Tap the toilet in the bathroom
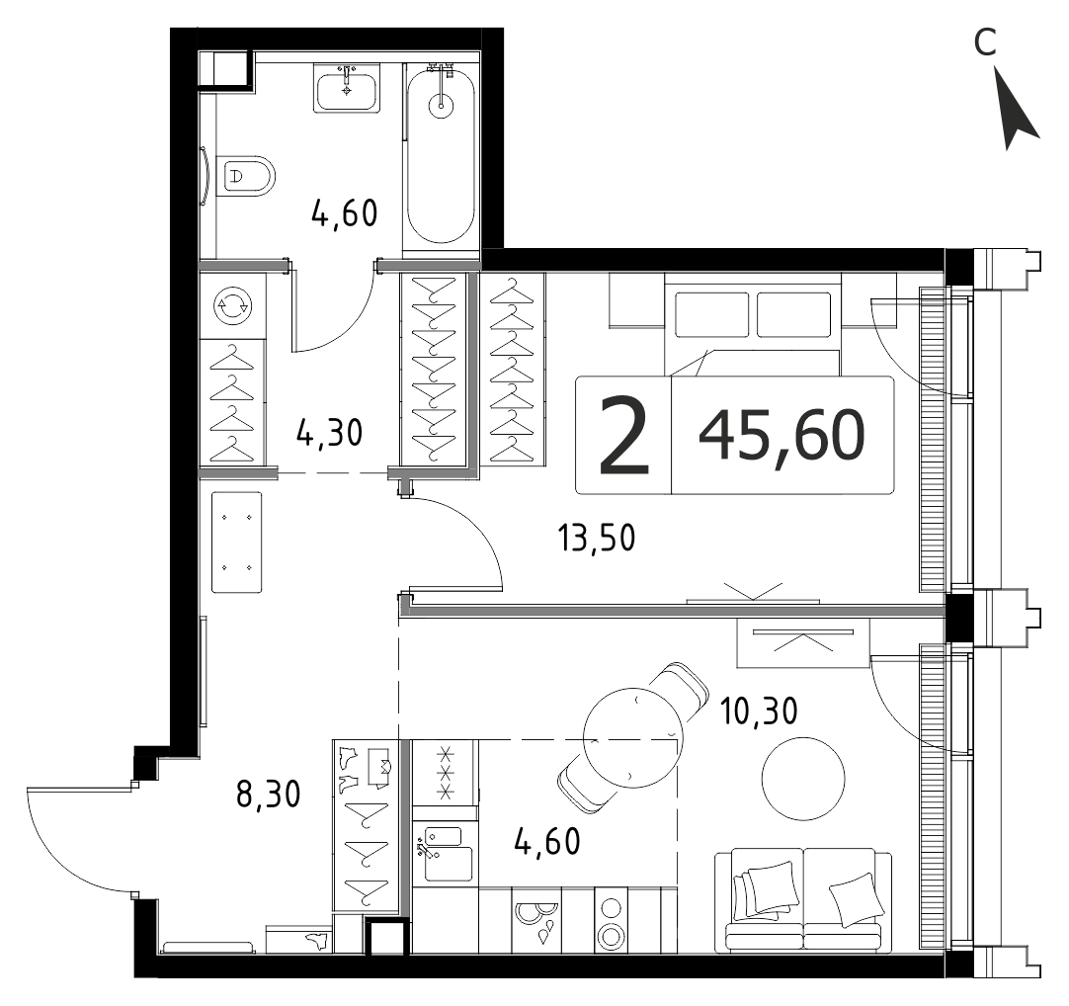click(245, 176)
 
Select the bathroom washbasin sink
click(347, 88)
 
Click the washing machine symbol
click(233, 305)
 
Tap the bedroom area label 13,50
click(597, 538)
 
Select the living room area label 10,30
click(759, 712)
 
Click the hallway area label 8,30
click(268, 795)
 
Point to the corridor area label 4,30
click(329, 433)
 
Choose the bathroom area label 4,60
click(344, 213)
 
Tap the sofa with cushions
click(803, 899)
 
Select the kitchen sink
click(443, 853)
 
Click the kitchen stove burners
click(446, 773)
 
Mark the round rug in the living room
click(804, 778)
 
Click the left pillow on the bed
click(711, 314)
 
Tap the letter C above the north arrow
click(985, 42)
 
